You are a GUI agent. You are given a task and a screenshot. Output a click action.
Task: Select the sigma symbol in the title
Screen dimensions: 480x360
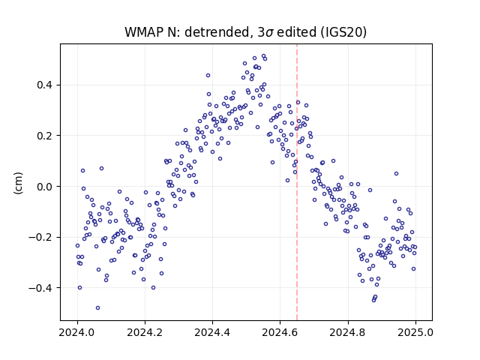coord(270,33)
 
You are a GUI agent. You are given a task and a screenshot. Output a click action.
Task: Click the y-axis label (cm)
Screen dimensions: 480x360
coord(18,182)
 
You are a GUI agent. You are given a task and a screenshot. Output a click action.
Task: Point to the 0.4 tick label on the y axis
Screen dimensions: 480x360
coord(46,85)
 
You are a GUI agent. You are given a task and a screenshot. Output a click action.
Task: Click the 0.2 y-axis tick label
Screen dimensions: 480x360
coord(46,136)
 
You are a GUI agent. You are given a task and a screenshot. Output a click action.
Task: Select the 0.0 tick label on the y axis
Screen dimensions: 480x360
coord(46,187)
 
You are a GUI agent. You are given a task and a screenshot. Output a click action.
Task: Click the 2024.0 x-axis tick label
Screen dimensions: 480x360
coord(77,332)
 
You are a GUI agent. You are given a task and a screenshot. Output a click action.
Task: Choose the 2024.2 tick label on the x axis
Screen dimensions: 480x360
coord(145,332)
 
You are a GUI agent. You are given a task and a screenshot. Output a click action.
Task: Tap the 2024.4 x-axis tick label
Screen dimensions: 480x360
coord(212,332)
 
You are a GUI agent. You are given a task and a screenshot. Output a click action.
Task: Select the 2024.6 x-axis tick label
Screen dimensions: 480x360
coord(280,332)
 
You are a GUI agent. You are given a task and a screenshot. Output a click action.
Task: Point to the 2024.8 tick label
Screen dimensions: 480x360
coord(348,332)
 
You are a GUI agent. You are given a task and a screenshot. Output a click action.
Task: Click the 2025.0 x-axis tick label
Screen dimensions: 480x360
coord(415,332)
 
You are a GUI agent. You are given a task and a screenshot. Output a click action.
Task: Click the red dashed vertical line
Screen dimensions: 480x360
coord(297,182)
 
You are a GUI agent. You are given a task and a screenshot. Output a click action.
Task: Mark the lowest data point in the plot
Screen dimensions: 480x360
coord(97,307)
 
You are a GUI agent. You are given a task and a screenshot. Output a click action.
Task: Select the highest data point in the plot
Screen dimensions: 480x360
coord(263,56)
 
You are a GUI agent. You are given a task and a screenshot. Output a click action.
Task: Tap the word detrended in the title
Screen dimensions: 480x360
coord(217,32)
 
